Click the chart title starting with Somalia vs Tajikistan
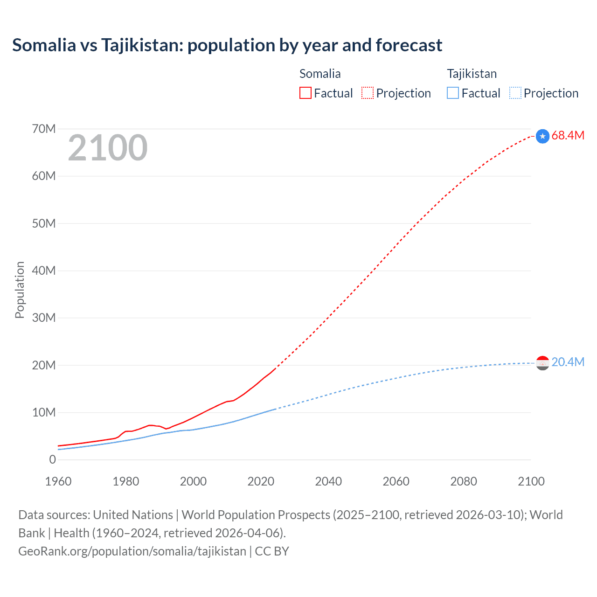pyautogui.click(x=227, y=45)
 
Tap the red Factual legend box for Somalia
pyautogui.click(x=305, y=93)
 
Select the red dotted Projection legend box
pyautogui.click(x=368, y=93)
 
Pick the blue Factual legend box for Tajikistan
pyautogui.click(x=453, y=93)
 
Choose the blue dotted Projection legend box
pyautogui.click(x=515, y=93)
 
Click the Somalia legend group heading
pyautogui.click(x=320, y=74)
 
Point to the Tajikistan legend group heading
pyautogui.click(x=472, y=74)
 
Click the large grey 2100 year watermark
pyautogui.click(x=108, y=148)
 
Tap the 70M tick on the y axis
pyautogui.click(x=44, y=129)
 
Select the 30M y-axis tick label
pyautogui.click(x=44, y=318)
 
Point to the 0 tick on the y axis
pyautogui.click(x=52, y=460)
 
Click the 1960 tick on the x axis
pyautogui.click(x=58, y=481)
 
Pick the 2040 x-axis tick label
pyautogui.click(x=328, y=481)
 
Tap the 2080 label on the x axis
pyautogui.click(x=464, y=481)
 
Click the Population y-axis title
pyautogui.click(x=20, y=290)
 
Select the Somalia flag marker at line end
pyautogui.click(x=542, y=136)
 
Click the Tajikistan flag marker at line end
pyautogui.click(x=542, y=363)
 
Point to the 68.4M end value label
pyautogui.click(x=568, y=136)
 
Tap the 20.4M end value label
pyautogui.click(x=568, y=362)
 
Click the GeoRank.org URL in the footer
pyautogui.click(x=132, y=551)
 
